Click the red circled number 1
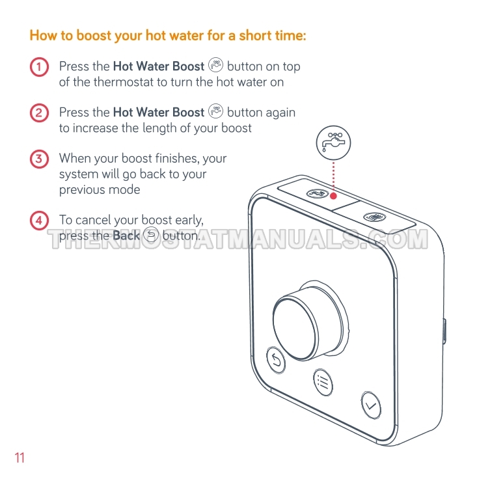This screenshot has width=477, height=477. (39, 66)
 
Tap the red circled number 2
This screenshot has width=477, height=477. (39, 113)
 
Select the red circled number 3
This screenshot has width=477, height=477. (39, 159)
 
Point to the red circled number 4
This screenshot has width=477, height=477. (39, 220)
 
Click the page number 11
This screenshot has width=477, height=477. (20, 457)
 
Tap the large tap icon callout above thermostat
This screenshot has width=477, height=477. (333, 143)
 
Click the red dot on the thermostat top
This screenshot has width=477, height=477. (333, 196)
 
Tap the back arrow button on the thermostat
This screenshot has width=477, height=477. (276, 360)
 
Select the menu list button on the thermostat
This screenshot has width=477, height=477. (323, 382)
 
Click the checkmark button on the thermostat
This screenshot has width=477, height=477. (371, 405)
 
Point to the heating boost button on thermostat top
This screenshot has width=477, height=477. (375, 217)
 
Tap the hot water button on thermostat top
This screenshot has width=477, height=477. (318, 193)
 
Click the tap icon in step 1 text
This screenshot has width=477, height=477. (215, 65)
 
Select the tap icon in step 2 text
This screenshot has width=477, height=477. (215, 111)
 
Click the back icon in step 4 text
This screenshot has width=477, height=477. (151, 234)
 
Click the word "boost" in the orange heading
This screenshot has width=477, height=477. (94, 35)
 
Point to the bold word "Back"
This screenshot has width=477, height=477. (126, 236)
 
